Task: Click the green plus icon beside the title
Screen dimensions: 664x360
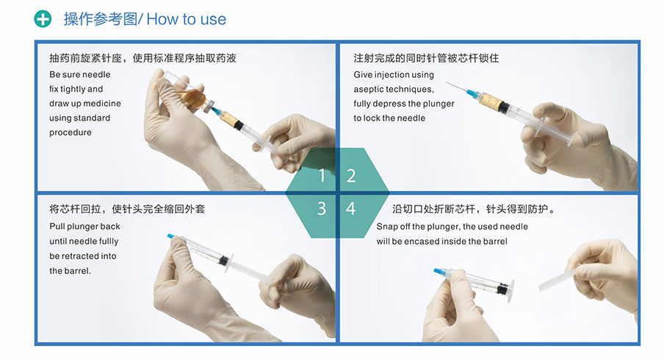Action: point(43,19)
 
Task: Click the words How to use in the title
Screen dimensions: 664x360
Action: point(187,19)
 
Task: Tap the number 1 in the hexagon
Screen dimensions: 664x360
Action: point(322,176)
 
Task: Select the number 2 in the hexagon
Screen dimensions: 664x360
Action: point(351,176)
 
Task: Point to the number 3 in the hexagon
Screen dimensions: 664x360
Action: point(322,209)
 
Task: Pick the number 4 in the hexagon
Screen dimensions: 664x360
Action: point(350,209)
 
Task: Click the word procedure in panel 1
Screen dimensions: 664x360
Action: point(71,132)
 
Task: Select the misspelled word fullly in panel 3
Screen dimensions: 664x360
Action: point(109,242)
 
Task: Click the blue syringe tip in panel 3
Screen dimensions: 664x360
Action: point(171,237)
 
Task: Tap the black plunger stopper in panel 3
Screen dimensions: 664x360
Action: point(223,260)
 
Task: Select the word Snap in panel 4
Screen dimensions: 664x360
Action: point(386,226)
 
